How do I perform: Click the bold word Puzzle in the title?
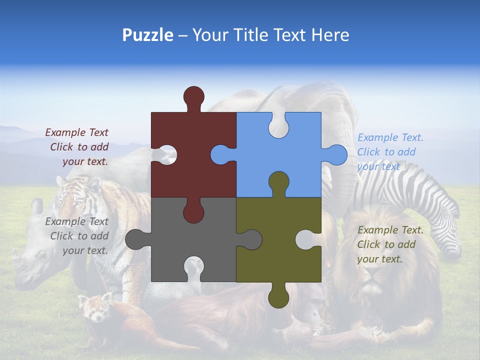click(148, 35)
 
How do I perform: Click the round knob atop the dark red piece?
click(194, 96)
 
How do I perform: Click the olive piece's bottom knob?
click(278, 297)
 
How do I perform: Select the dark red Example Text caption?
click(78, 147)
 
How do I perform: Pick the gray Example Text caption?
click(78, 236)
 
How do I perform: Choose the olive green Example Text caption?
click(389, 244)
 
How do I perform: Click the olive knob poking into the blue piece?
click(278, 183)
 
